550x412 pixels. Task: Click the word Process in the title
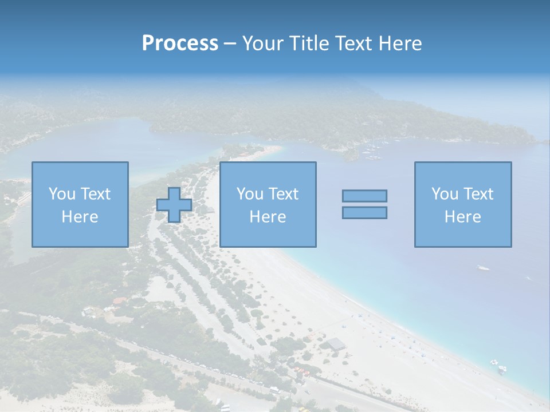[x=180, y=43]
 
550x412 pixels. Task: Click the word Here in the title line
[x=402, y=43]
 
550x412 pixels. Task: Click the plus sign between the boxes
[x=174, y=205]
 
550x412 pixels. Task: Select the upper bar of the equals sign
[x=364, y=196]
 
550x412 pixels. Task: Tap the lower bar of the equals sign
[x=364, y=213]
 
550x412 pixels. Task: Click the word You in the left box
[x=62, y=194]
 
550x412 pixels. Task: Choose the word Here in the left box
[x=80, y=217]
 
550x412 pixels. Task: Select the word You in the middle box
[x=250, y=194]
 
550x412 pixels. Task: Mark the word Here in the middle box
[x=268, y=217]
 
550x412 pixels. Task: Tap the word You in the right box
[x=445, y=194]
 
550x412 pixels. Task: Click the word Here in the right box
[x=462, y=217]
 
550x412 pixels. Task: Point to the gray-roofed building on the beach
[x=336, y=343]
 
